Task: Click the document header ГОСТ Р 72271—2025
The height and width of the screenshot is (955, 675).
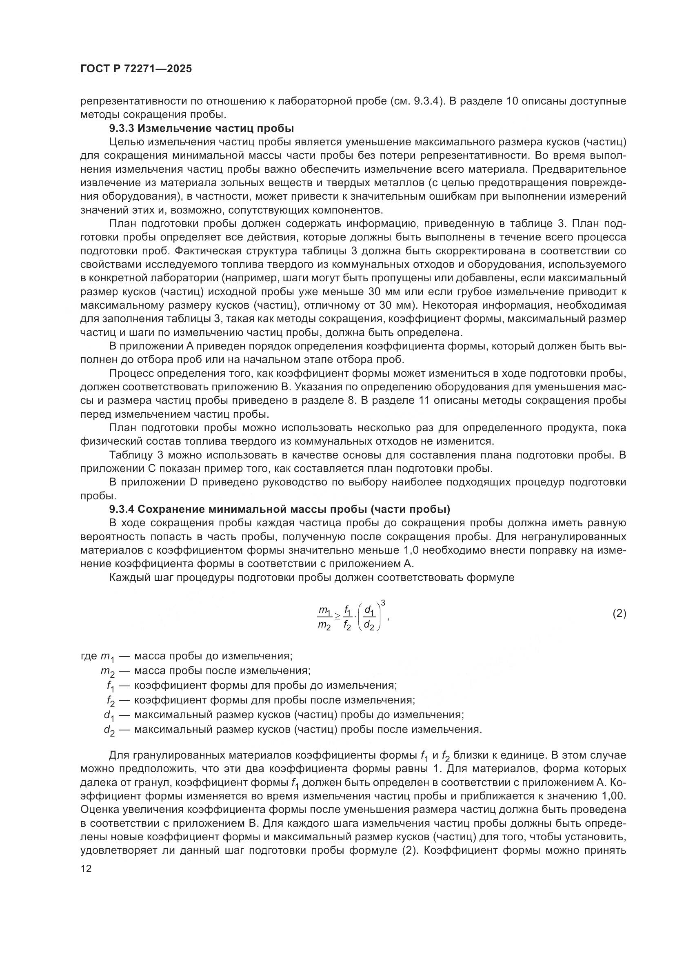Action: pyautogui.click(x=136, y=69)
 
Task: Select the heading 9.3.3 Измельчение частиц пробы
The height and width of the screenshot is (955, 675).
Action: pyautogui.click(x=202, y=128)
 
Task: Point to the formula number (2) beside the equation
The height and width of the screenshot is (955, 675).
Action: pyautogui.click(x=619, y=614)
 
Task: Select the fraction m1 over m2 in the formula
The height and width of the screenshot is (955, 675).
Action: pyautogui.click(x=324, y=618)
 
